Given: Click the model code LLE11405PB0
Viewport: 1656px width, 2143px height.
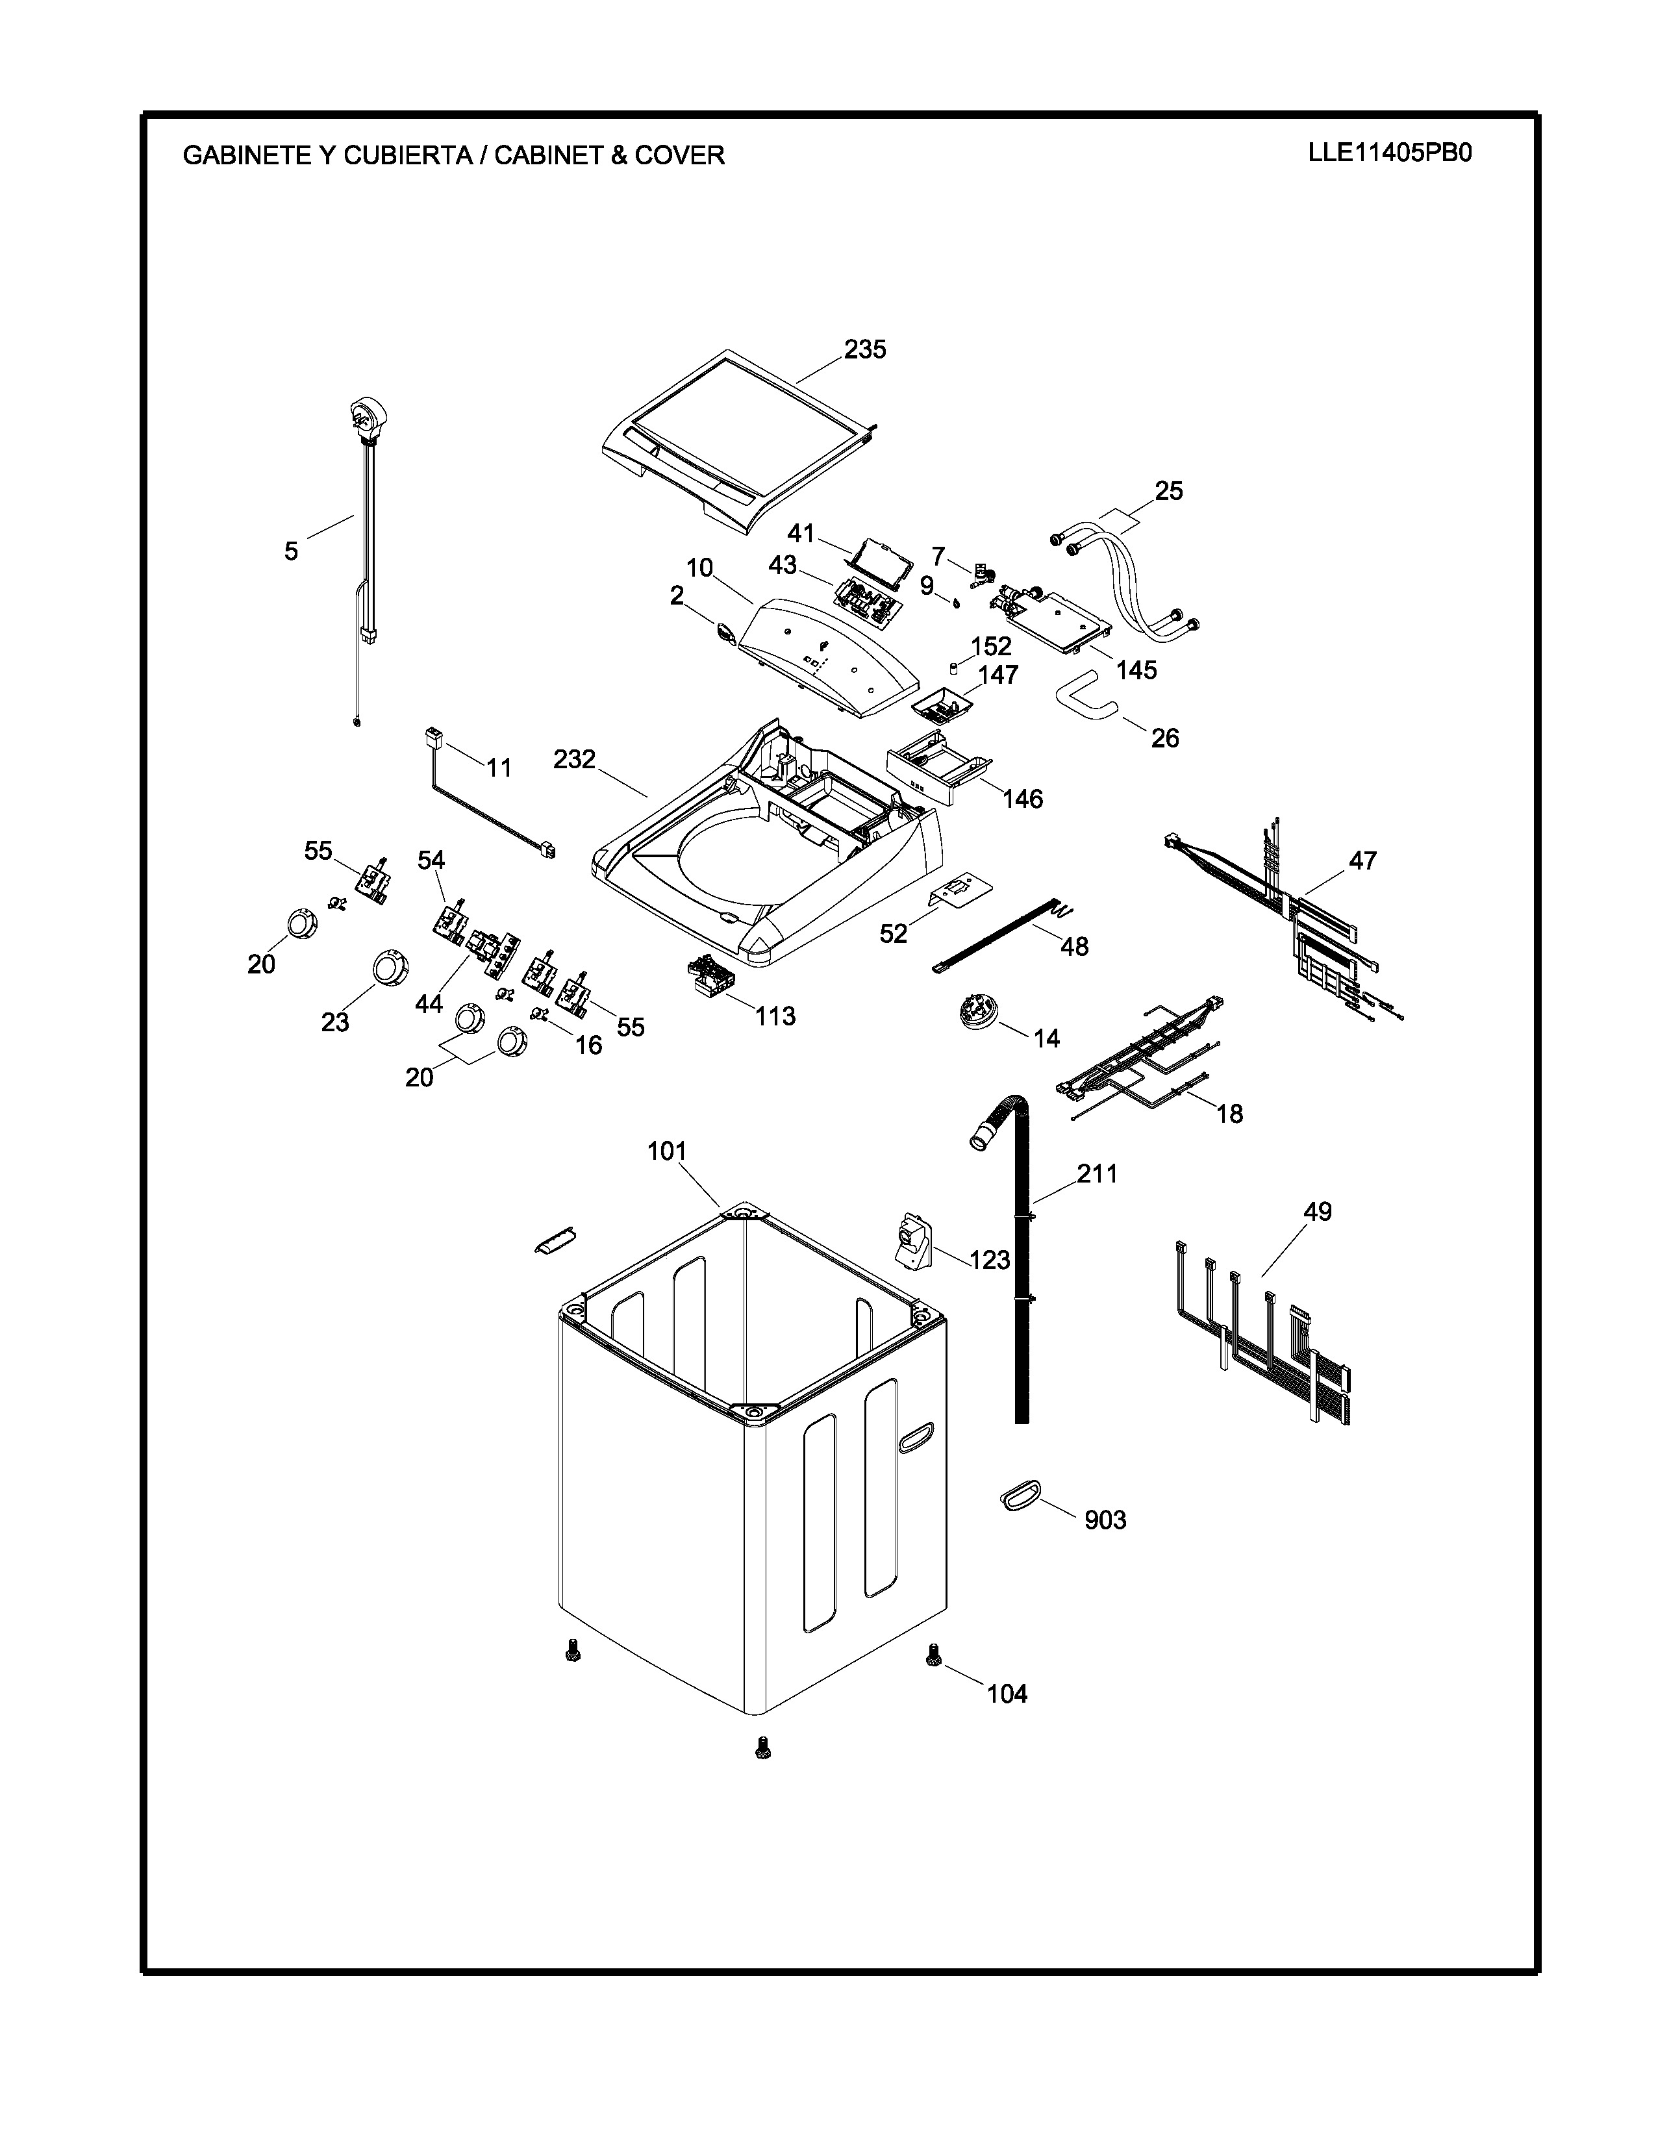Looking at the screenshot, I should tap(1389, 153).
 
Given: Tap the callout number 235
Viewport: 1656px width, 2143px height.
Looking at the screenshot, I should tap(864, 349).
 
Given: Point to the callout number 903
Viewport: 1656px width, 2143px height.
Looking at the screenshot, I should tap(1105, 1520).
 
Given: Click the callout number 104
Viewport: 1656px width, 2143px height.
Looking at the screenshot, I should tap(1007, 1694).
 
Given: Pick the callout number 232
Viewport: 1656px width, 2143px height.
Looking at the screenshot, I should tap(574, 760).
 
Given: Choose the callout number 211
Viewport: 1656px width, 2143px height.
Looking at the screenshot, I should tap(1097, 1173).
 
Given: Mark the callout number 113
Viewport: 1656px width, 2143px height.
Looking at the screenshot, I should tap(775, 1016).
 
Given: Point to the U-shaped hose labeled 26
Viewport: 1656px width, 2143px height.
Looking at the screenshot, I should tap(1086, 693).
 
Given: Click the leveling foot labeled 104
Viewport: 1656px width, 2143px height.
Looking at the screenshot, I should tap(933, 1657).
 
